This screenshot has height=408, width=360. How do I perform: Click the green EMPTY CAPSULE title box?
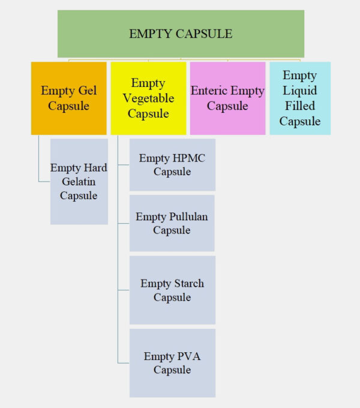(x=181, y=34)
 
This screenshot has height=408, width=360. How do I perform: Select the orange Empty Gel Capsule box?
(x=68, y=98)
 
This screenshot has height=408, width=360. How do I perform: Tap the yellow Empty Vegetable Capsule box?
(x=148, y=98)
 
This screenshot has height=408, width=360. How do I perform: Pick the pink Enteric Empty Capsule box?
(x=227, y=98)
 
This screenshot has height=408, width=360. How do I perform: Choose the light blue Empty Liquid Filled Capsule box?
(x=300, y=98)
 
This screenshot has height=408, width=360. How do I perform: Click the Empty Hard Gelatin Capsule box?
(x=79, y=181)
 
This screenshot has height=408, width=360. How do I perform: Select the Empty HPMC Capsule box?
(x=172, y=165)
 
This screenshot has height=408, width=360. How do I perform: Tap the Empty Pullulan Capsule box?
(x=172, y=223)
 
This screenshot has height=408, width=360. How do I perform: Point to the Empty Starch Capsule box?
(x=172, y=290)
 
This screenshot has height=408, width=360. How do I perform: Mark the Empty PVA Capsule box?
(x=172, y=363)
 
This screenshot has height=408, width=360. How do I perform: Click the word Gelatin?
(x=78, y=182)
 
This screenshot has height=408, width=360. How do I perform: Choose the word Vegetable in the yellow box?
(x=148, y=98)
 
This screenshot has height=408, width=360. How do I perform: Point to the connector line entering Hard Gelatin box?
(x=44, y=181)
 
